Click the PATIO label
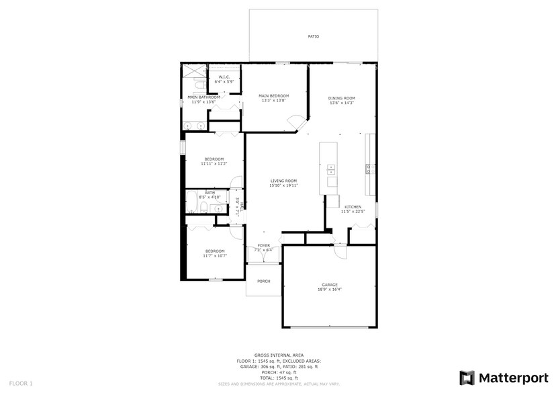(x=313, y=37)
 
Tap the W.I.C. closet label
(x=224, y=77)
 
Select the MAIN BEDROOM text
(x=274, y=96)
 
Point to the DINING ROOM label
(x=342, y=98)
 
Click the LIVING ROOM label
(x=283, y=181)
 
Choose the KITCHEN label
(x=353, y=207)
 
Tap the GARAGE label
(x=329, y=285)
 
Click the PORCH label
(x=264, y=281)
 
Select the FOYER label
(x=264, y=246)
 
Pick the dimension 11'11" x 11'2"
(x=214, y=163)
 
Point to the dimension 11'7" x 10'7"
(x=215, y=255)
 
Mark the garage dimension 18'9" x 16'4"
(x=329, y=290)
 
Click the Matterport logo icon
(x=467, y=378)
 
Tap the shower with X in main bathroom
(x=195, y=71)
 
